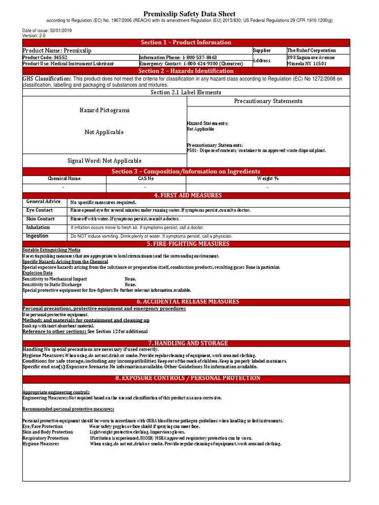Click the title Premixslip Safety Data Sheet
click(189, 14)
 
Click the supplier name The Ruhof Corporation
click(311, 50)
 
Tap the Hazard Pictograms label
click(105, 110)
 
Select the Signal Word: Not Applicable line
click(105, 161)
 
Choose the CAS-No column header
click(146, 179)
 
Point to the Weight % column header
click(268, 179)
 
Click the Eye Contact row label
click(40, 210)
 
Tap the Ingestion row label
click(38, 236)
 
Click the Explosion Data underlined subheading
click(38, 273)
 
